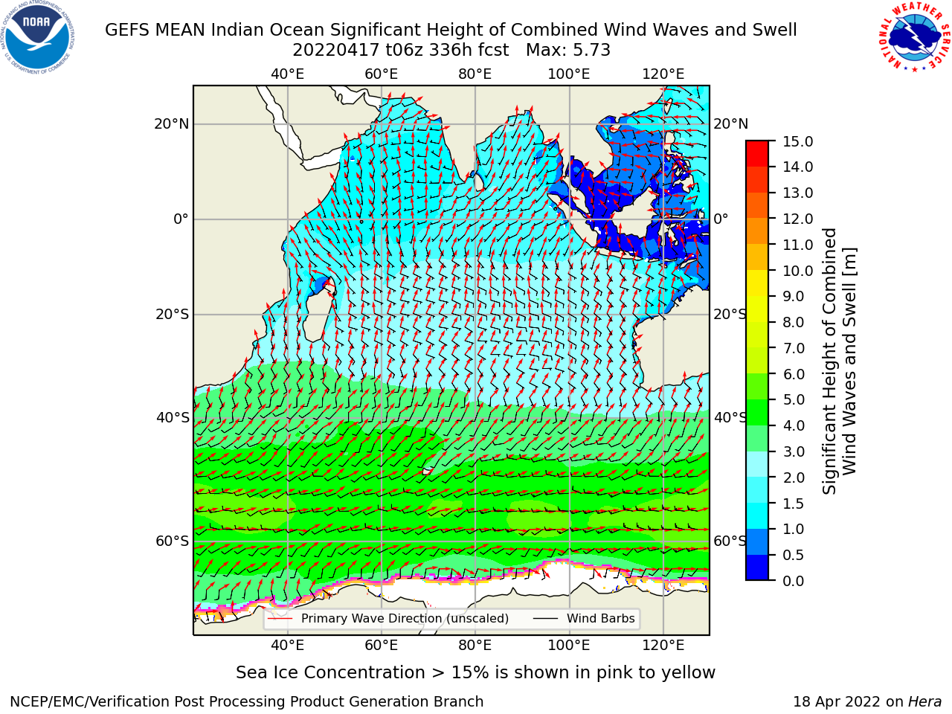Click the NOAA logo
coord(38,37)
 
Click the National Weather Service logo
coord(914,37)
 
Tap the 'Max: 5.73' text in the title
coord(568,51)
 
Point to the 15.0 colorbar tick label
coord(797,141)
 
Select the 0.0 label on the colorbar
coord(793,581)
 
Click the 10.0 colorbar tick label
coord(797,271)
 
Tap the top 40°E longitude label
coord(288,74)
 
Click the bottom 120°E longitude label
coord(663,645)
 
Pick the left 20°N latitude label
coord(172,124)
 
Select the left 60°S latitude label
coord(173,541)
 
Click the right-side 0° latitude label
coord(721,219)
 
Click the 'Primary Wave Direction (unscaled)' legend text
coord(405,618)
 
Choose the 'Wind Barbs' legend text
coord(601,618)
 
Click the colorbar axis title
coord(839,361)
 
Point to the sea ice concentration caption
coord(475,672)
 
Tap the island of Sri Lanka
coord(479,182)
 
